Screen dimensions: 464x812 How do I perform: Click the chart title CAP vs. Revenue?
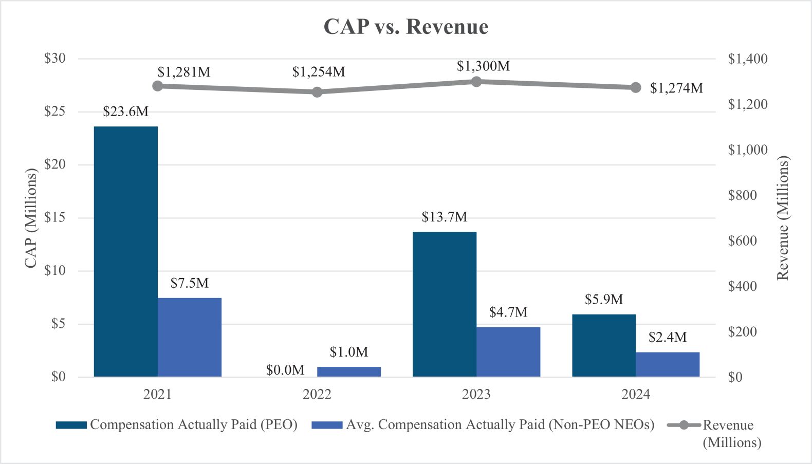(405, 27)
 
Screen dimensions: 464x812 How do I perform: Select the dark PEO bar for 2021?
(125, 251)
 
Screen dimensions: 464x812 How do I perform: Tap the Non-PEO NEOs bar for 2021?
(190, 337)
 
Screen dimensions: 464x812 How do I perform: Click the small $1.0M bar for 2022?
(349, 372)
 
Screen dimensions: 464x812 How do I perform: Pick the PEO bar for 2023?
(445, 304)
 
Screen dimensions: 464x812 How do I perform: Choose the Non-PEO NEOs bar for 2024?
(668, 364)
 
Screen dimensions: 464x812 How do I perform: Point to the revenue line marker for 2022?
(317, 92)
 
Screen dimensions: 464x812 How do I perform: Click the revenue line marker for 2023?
(476, 82)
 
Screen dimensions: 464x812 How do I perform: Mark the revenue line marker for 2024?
(636, 87)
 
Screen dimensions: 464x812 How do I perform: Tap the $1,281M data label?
(184, 72)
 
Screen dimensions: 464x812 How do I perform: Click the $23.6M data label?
(125, 112)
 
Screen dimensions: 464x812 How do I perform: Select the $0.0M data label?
(285, 370)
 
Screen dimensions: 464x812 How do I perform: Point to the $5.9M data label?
(604, 300)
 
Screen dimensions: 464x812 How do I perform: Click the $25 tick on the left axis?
(54, 112)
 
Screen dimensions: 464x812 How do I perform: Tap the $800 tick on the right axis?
(743, 195)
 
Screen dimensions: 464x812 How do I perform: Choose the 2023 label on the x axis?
(476, 394)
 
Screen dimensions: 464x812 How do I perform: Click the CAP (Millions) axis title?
(31, 218)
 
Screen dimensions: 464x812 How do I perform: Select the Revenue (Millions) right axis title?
(782, 218)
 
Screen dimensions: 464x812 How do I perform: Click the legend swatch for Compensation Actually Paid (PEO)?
(71, 425)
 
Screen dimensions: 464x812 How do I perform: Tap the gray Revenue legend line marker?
(684, 425)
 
